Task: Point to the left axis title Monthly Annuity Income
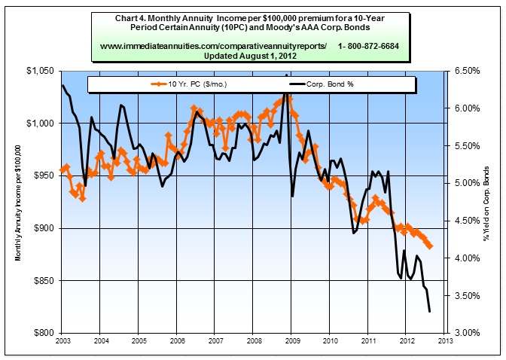tap(19, 202)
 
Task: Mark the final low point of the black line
tap(429, 311)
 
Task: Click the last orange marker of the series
tap(429, 246)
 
